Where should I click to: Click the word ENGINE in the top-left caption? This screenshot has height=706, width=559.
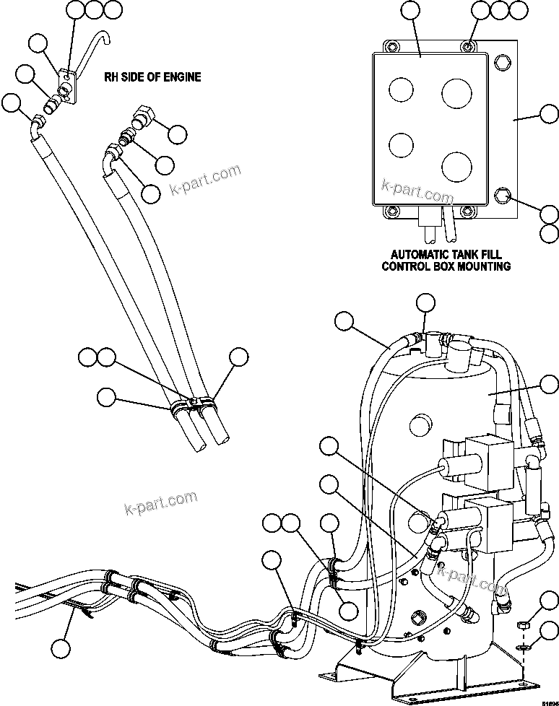pyautogui.click(x=181, y=77)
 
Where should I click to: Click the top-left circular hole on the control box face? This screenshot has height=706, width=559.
pyautogui.click(x=400, y=90)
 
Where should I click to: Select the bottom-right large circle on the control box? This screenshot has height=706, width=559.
pyautogui.click(x=456, y=167)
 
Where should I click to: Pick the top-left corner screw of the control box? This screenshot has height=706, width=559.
pyautogui.click(x=393, y=48)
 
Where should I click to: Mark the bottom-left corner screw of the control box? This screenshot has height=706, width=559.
pyautogui.click(x=393, y=212)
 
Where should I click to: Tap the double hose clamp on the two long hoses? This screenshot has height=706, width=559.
pyautogui.click(x=192, y=406)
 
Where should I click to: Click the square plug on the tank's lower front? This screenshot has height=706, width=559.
pyautogui.click(x=417, y=616)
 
